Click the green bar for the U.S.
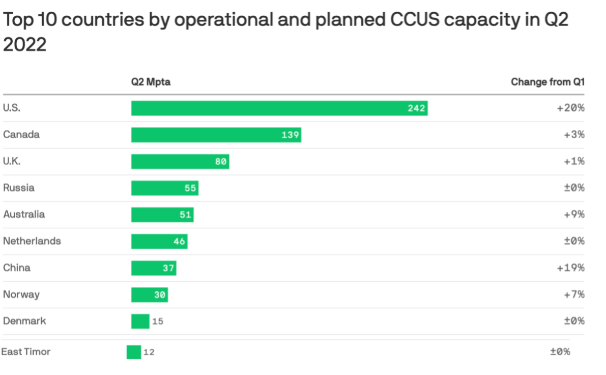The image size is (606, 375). (279, 108)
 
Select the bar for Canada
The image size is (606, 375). (216, 135)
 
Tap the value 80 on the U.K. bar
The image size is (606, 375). (220, 162)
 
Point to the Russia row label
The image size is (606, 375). (19, 188)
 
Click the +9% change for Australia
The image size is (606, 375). (574, 215)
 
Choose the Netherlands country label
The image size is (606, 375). (32, 241)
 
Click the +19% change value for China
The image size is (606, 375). (571, 268)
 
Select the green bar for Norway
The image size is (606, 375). (149, 294)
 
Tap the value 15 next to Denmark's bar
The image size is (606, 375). (158, 322)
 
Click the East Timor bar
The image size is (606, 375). (134, 352)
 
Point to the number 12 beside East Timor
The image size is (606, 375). (149, 352)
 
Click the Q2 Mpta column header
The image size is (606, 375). (151, 82)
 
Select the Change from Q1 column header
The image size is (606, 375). (547, 82)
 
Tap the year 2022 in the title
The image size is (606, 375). (24, 45)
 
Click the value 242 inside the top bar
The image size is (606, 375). (416, 109)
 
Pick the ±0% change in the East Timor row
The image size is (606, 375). (560, 352)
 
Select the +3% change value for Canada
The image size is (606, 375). (574, 135)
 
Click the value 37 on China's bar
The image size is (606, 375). (168, 268)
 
